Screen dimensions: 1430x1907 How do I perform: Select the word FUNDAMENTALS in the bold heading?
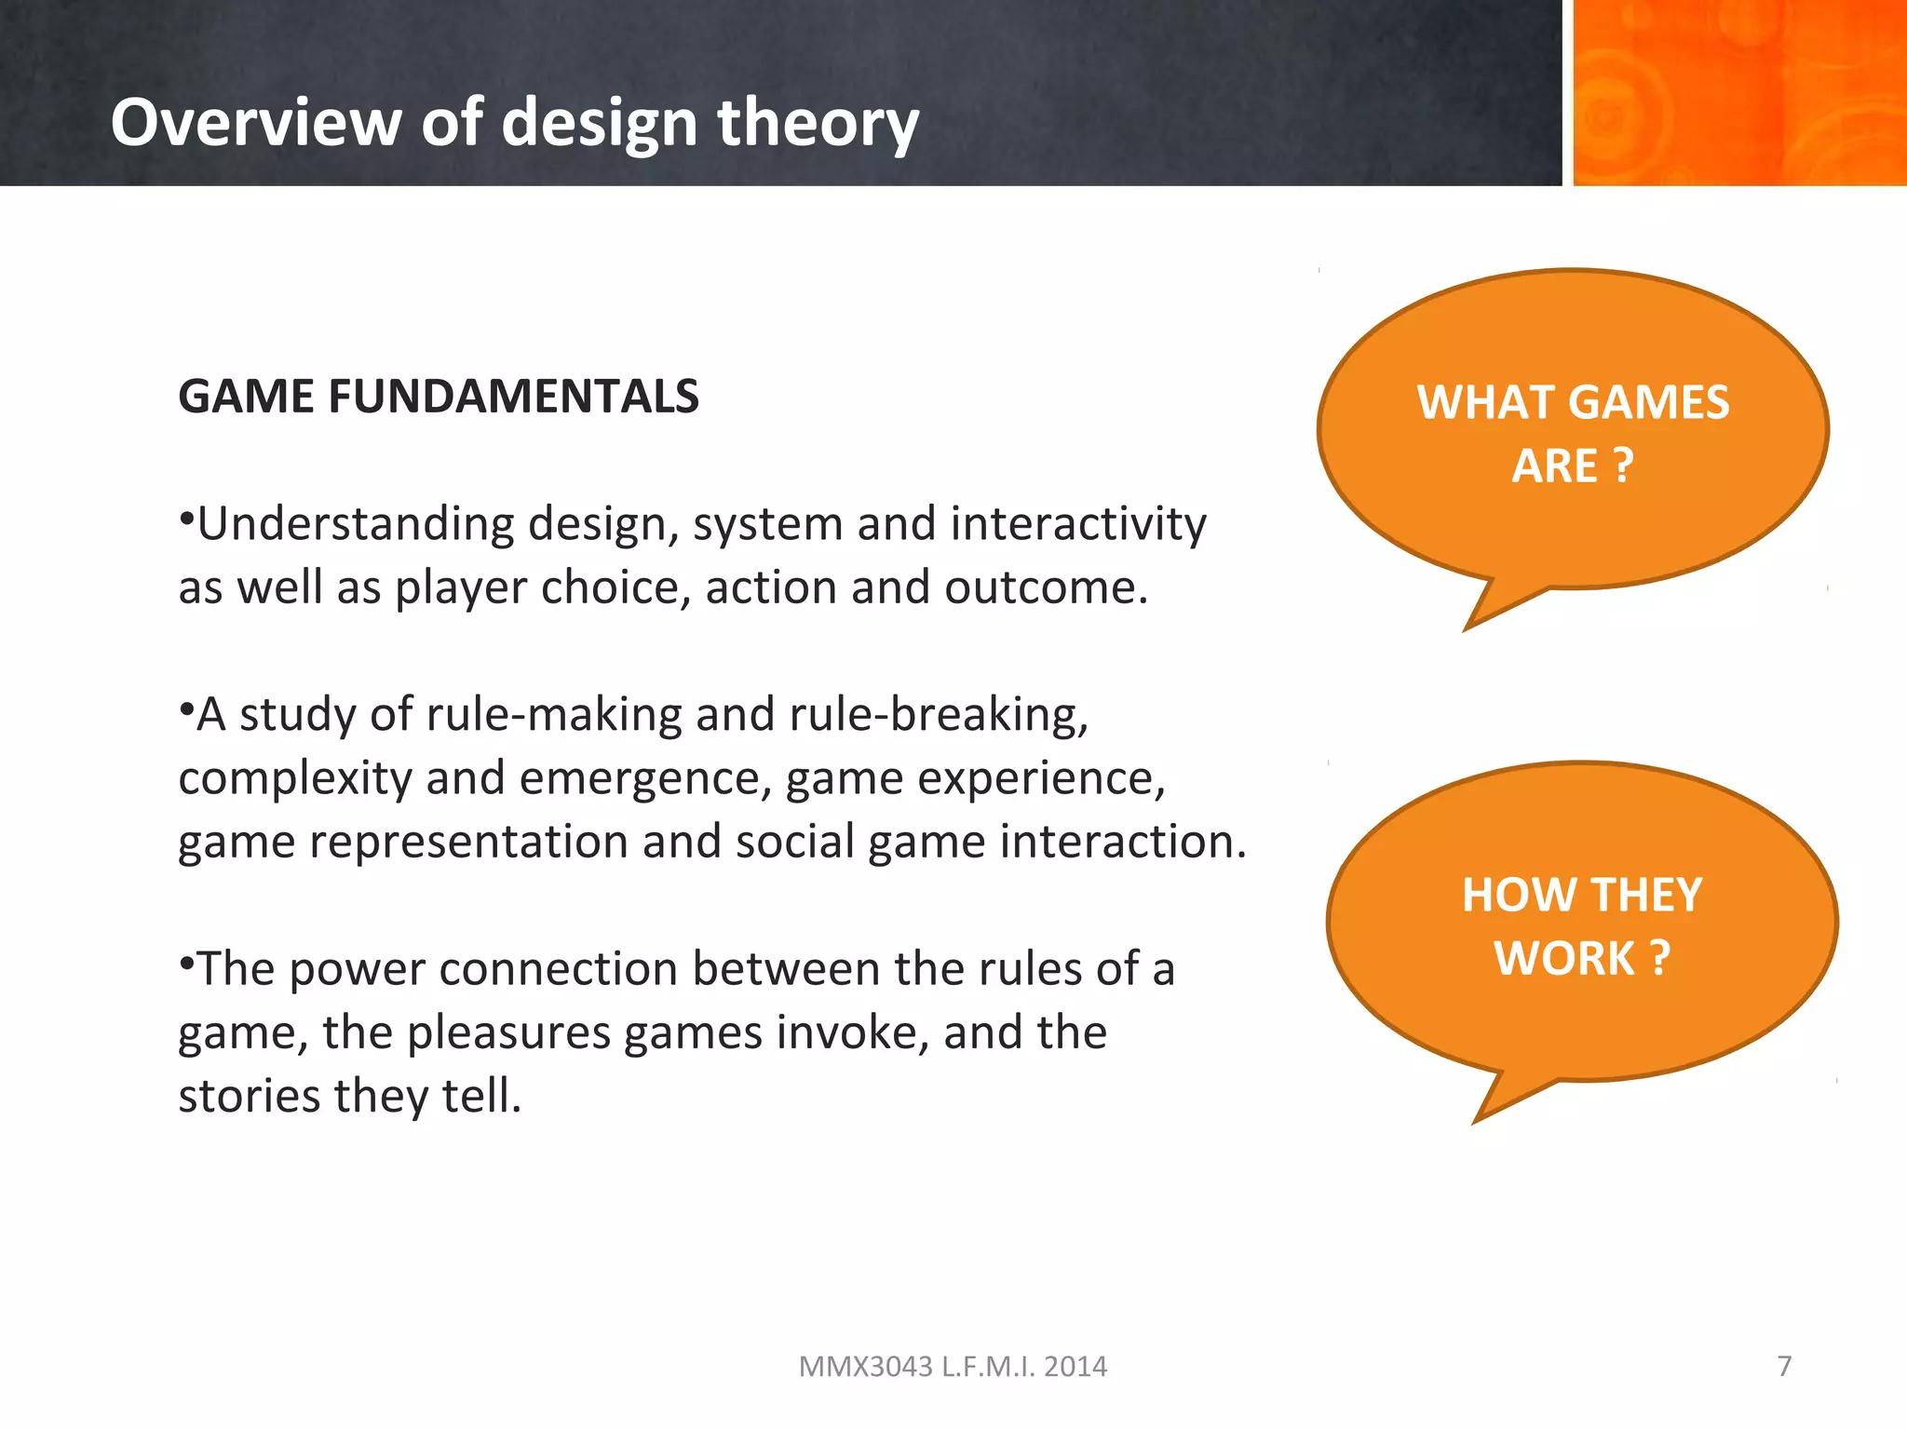tap(512, 397)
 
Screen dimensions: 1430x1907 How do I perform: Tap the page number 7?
tap(1784, 1366)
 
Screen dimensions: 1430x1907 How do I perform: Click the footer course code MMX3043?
tap(865, 1367)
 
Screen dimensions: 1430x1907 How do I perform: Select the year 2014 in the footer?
tap(1075, 1367)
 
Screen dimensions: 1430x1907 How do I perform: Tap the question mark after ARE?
tap(1622, 465)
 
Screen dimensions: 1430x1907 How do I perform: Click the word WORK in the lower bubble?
tap(1564, 959)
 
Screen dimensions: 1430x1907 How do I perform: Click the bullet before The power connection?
tap(186, 960)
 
